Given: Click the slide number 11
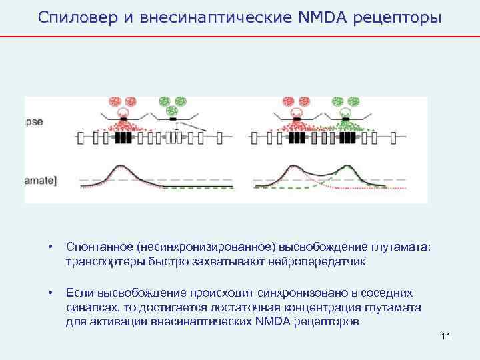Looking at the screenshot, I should tap(446, 335).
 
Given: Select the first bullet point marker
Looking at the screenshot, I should tap(50, 248).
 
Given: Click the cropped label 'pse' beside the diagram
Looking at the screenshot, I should tap(34, 122).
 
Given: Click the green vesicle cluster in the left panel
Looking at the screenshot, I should tap(171, 104).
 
